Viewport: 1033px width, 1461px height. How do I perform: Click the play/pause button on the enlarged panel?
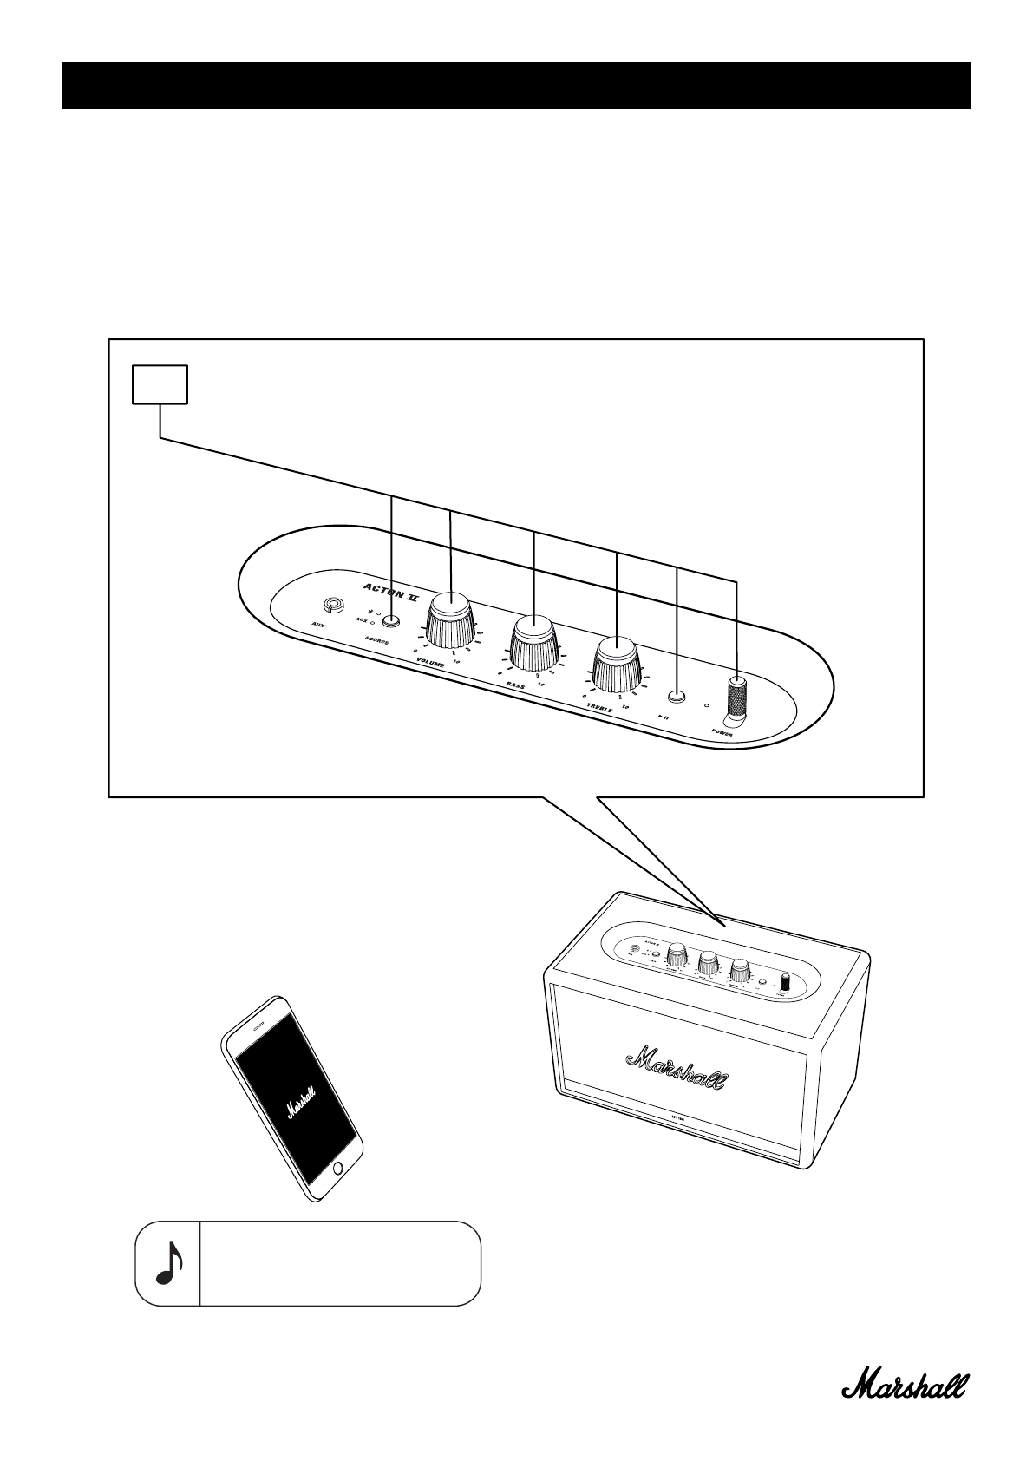click(676, 695)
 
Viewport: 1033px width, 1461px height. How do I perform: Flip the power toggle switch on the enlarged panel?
click(736, 699)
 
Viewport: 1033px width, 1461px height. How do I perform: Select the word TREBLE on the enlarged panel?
click(598, 708)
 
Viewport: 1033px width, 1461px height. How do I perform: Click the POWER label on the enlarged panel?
click(722, 731)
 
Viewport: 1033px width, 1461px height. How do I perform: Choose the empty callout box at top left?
click(160, 384)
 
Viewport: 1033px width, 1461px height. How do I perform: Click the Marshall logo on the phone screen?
click(302, 1101)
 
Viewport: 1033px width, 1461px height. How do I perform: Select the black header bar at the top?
click(516, 86)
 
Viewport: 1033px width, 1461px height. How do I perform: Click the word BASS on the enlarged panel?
click(516, 685)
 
